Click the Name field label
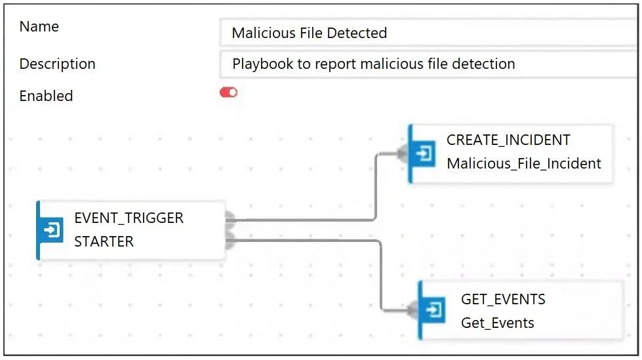[39, 27]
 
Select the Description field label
[57, 64]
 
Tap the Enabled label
[46, 96]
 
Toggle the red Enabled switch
[228, 92]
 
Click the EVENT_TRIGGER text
[129, 218]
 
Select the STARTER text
[104, 241]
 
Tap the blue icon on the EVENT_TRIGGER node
[51, 230]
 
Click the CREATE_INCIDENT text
[508, 140]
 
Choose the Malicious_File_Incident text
[524, 164]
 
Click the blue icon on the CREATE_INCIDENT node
[424, 153]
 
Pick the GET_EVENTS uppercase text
[503, 300]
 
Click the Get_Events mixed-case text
[498, 323]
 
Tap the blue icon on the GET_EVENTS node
[433, 310]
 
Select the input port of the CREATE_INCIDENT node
[403, 154]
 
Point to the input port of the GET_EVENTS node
[413, 310]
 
